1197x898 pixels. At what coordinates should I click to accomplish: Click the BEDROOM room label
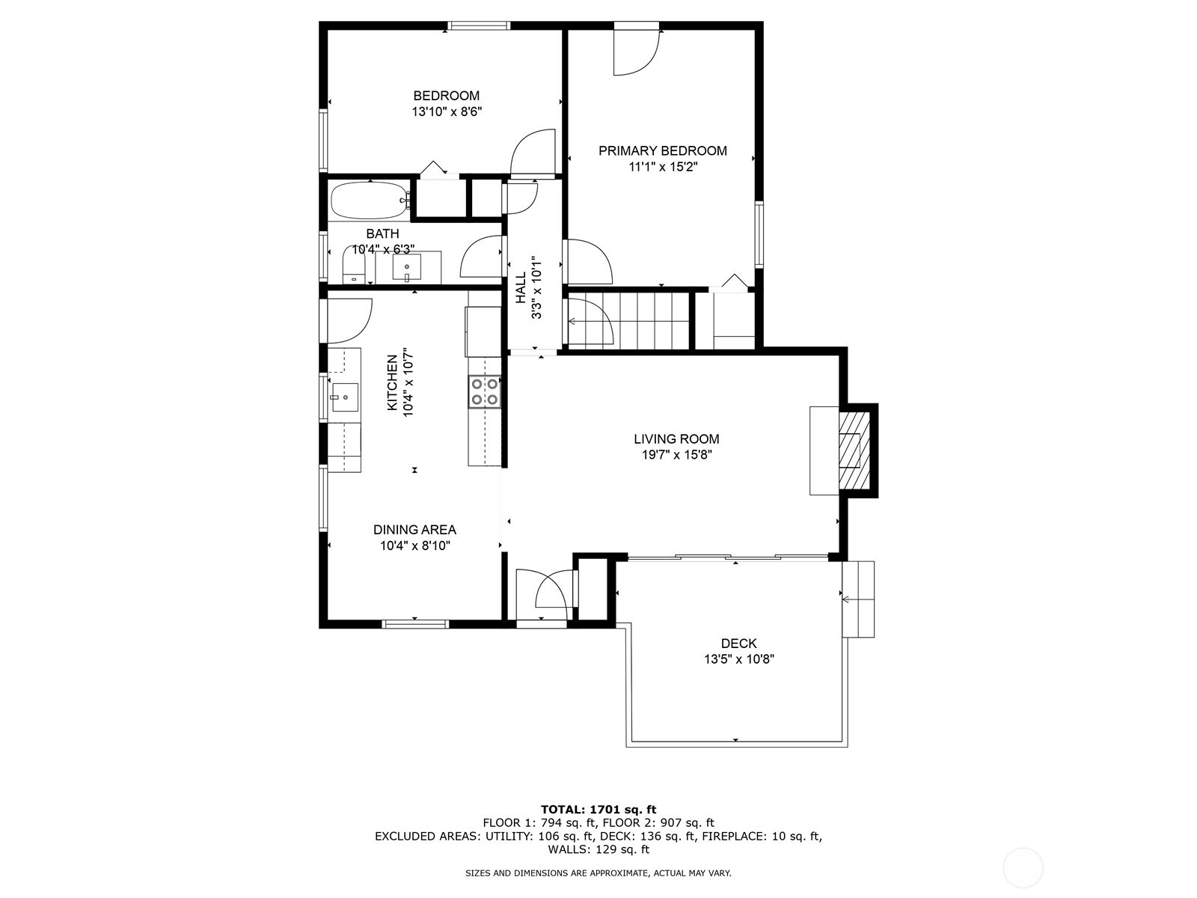446,96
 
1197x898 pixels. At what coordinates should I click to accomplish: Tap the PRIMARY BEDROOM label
663,151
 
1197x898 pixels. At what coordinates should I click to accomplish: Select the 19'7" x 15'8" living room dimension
677,455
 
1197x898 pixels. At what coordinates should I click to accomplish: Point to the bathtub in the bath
370,200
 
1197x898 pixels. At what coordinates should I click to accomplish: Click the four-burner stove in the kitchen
484,392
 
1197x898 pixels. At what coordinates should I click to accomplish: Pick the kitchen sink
344,397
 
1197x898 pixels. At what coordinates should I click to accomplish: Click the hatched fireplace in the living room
854,450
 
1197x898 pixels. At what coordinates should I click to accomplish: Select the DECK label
739,644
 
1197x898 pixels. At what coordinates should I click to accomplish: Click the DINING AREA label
414,529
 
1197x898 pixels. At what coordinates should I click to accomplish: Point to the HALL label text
521,288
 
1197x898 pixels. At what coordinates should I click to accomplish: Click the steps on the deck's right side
858,599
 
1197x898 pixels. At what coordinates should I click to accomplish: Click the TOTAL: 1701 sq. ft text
598,809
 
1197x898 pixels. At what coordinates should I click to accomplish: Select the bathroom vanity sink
407,268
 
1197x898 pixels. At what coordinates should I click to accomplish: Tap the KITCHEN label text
392,382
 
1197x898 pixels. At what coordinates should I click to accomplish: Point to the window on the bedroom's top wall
480,25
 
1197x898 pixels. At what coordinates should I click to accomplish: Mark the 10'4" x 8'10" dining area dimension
415,546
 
